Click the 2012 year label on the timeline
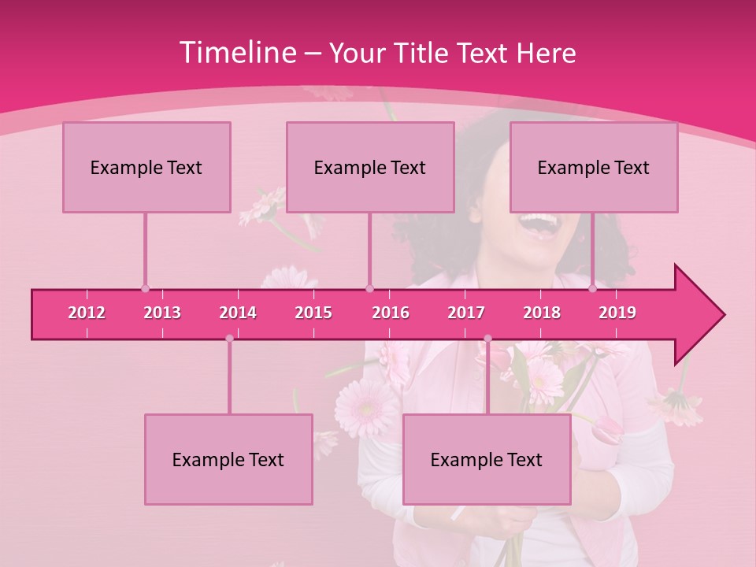87,313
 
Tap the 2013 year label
162,313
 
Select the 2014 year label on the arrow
238,313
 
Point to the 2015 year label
313,313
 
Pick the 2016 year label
391,313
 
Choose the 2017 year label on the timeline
466,313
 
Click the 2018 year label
542,313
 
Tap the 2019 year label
617,313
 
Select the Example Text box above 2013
146,167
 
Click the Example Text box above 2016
370,167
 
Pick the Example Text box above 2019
594,167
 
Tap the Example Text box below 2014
228,459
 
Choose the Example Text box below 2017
487,459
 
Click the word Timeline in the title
236,53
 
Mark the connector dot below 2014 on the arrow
229,339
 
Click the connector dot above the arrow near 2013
145,288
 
